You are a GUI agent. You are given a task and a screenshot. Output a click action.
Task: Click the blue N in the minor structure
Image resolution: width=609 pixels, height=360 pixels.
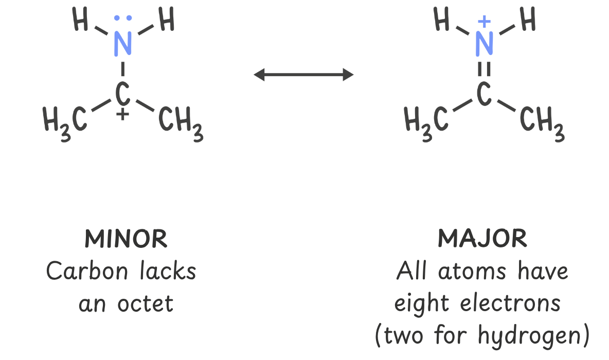[x=122, y=44]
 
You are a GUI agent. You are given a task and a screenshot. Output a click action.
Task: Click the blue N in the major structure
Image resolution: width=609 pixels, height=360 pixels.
[x=484, y=44]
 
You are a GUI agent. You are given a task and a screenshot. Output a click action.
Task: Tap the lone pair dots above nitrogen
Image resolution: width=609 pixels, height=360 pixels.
[x=122, y=19]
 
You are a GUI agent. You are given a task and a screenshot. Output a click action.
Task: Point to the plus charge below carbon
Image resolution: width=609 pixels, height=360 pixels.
[x=122, y=115]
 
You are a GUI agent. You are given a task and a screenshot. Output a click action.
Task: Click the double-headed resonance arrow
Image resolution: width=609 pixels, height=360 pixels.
[x=303, y=75]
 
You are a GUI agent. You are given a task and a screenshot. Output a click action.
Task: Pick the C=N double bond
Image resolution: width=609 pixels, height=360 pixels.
[x=483, y=68]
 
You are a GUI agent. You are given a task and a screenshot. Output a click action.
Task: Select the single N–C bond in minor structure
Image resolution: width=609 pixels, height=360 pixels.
[x=122, y=68]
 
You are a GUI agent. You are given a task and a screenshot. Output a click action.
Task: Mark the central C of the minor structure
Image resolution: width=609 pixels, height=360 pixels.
[x=122, y=94]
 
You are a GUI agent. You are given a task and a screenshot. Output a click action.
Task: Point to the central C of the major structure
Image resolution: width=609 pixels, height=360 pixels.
[x=483, y=94]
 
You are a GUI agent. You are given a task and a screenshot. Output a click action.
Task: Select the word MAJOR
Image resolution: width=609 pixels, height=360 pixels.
[x=482, y=239]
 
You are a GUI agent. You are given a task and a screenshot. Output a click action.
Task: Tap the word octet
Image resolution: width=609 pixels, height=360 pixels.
[x=146, y=303]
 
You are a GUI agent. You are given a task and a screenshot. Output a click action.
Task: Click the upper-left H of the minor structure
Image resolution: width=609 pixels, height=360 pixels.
[x=81, y=21]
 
